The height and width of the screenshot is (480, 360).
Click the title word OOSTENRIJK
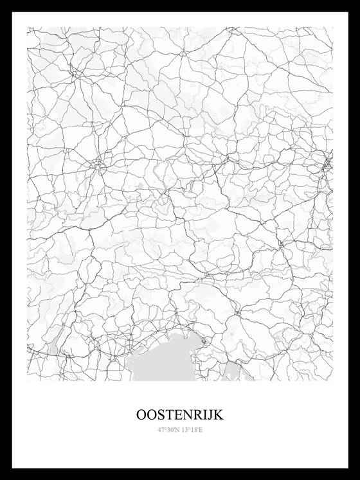click(x=180, y=415)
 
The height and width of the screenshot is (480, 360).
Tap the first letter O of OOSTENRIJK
click(x=141, y=415)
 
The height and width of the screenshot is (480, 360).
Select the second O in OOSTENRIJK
click(x=152, y=415)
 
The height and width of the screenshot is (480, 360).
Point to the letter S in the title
click(x=161, y=415)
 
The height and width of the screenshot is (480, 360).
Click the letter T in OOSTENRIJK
click(x=168, y=415)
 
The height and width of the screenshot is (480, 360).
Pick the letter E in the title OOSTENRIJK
click(x=177, y=415)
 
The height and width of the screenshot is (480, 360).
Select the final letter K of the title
click(x=217, y=415)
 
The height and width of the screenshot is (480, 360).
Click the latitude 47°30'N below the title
click(x=168, y=429)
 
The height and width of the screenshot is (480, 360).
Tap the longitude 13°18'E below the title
click(x=192, y=429)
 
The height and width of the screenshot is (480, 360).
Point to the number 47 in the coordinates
click(x=161, y=429)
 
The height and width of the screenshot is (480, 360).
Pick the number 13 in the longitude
click(x=186, y=429)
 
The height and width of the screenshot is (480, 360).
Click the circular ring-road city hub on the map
click(x=98, y=164)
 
